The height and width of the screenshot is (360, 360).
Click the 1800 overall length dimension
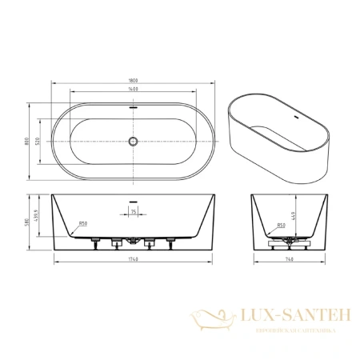click(134, 78)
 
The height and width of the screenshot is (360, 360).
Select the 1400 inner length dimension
click(134, 90)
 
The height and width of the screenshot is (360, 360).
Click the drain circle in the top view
click(134, 143)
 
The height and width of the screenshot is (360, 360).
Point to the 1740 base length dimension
click(134, 260)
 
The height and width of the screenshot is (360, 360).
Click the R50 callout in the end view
click(280, 226)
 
